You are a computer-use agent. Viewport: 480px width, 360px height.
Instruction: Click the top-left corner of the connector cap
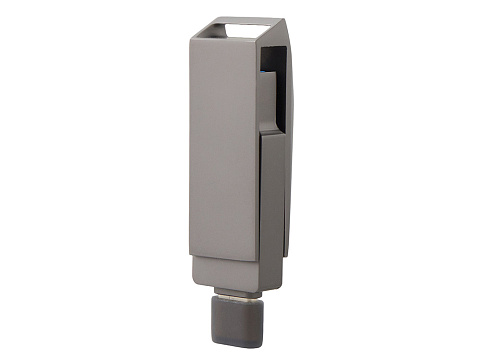(x=212, y=297)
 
